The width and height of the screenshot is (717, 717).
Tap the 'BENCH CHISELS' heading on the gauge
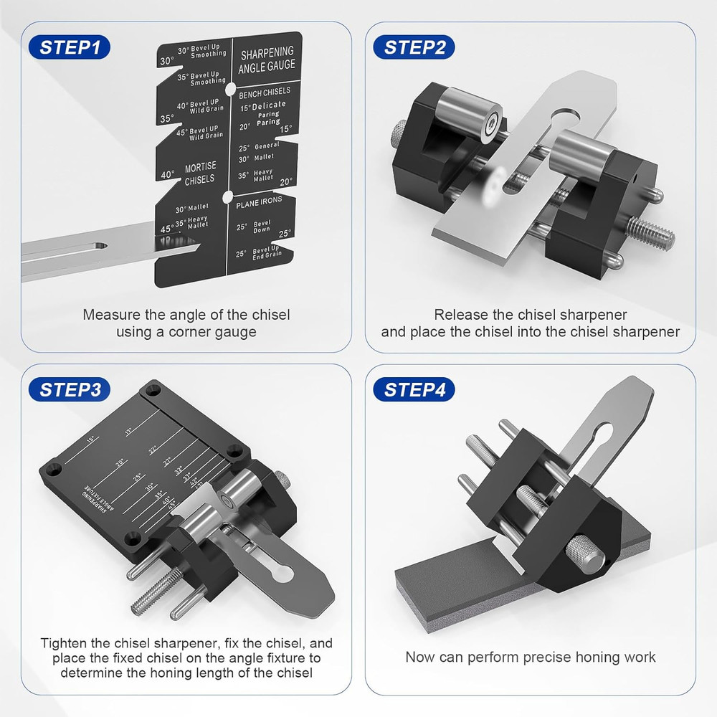(265, 92)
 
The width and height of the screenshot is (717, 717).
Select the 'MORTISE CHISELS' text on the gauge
(199, 173)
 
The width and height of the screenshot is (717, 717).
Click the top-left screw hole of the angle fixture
(152, 391)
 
